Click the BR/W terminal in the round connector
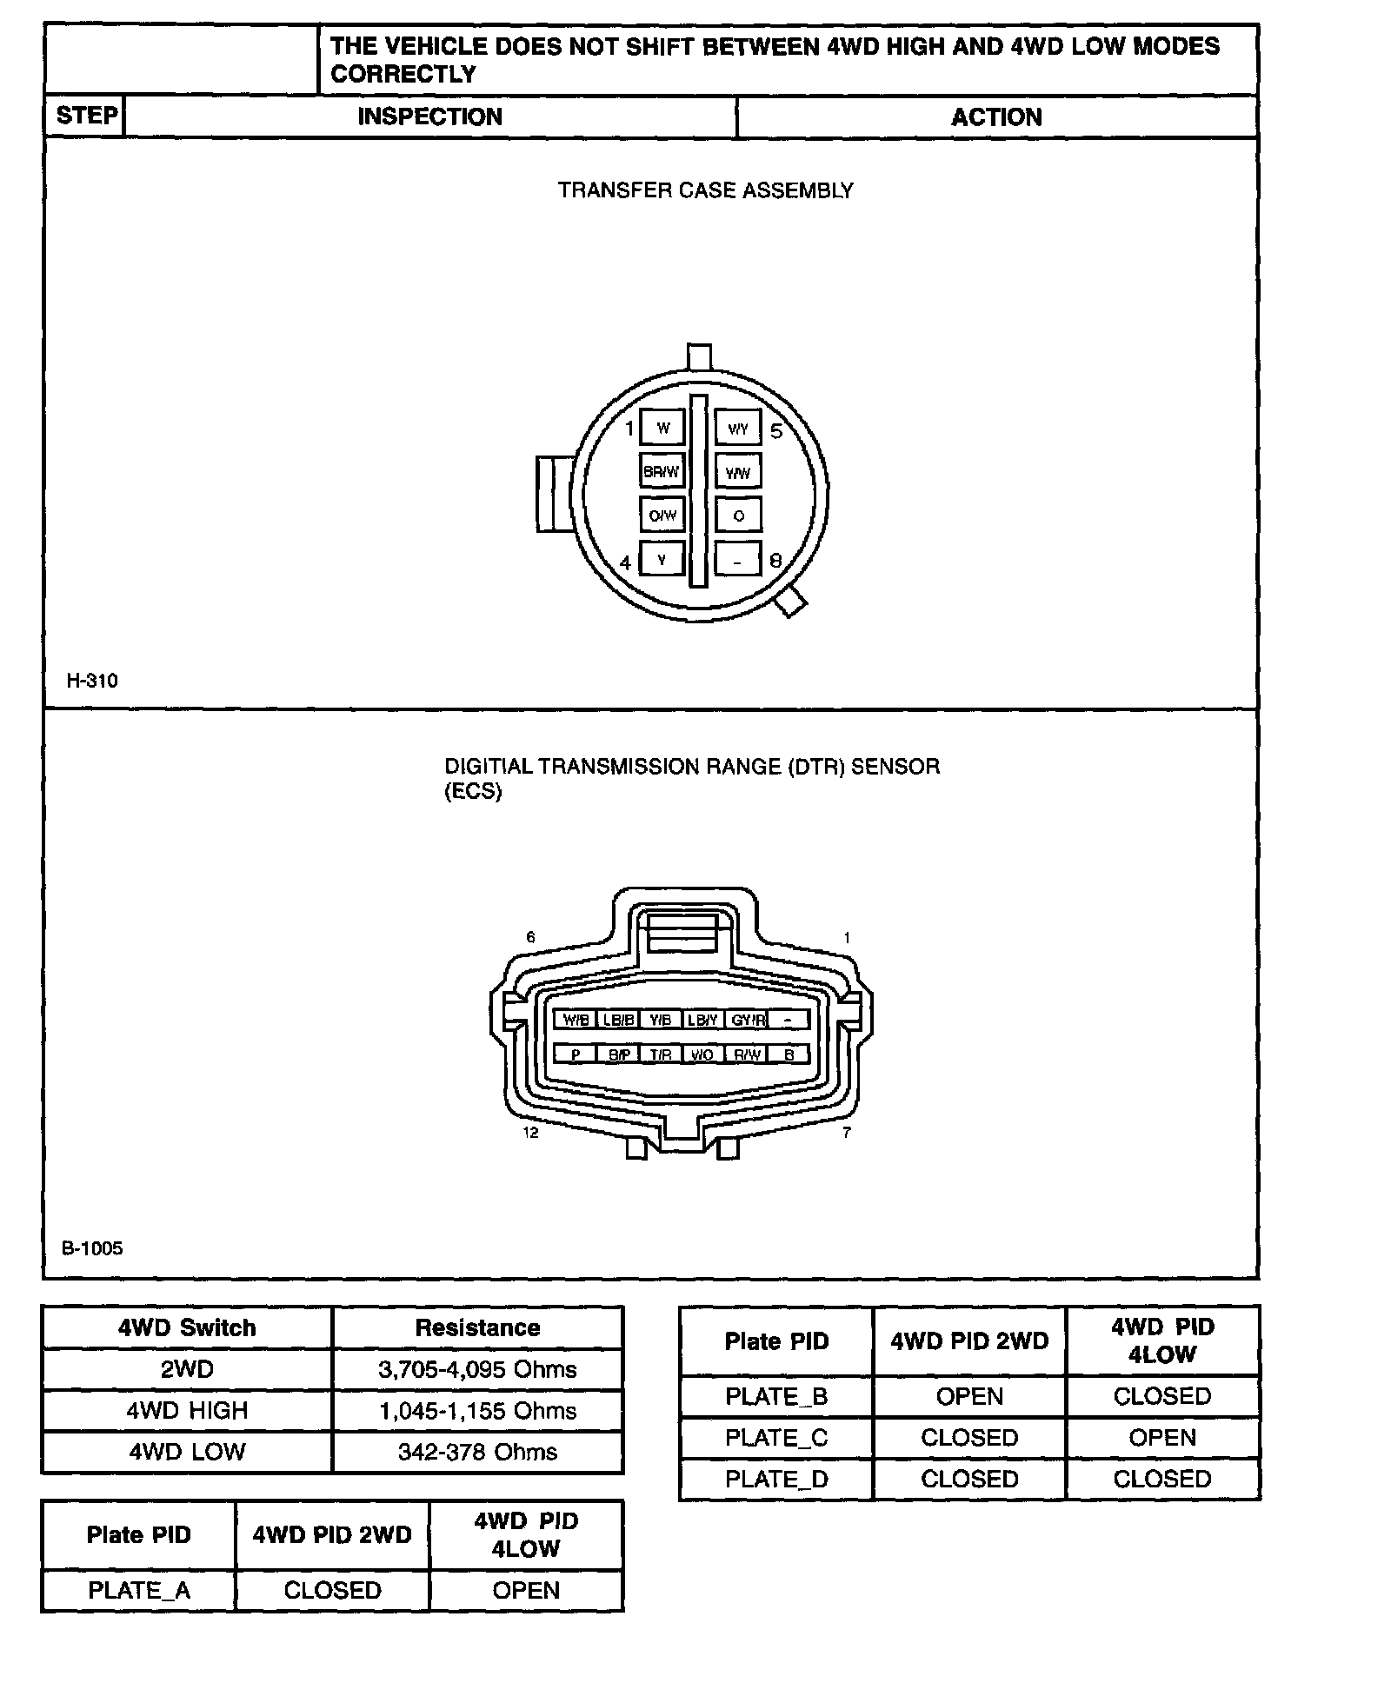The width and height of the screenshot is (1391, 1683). (x=662, y=472)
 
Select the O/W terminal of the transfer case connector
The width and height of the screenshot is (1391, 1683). (x=662, y=516)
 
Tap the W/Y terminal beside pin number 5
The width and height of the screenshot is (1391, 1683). (x=738, y=429)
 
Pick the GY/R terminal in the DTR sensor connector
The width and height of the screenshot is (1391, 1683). (x=747, y=1021)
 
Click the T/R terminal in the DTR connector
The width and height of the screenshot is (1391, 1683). (x=661, y=1055)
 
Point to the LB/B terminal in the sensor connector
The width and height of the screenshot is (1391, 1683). (x=618, y=1021)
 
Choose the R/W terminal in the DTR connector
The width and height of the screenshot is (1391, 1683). (x=747, y=1055)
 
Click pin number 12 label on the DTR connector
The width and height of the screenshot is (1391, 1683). (x=530, y=1133)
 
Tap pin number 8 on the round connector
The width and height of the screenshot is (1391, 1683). (x=775, y=562)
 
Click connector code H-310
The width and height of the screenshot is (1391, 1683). (x=92, y=681)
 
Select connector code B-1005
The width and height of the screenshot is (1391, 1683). (x=92, y=1249)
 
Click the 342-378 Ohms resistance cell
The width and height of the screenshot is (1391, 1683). (x=477, y=1453)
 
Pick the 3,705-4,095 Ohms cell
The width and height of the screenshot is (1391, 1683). (x=477, y=1370)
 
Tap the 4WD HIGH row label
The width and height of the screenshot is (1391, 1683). (x=187, y=1411)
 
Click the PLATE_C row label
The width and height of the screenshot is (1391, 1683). (x=776, y=1439)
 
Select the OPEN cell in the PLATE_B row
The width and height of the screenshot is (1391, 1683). (x=969, y=1397)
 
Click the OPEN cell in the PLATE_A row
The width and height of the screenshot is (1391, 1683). (x=526, y=1591)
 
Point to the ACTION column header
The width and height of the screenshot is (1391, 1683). (x=996, y=117)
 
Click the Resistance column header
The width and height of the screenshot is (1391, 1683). (x=477, y=1328)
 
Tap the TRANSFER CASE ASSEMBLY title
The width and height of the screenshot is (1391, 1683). (x=705, y=190)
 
